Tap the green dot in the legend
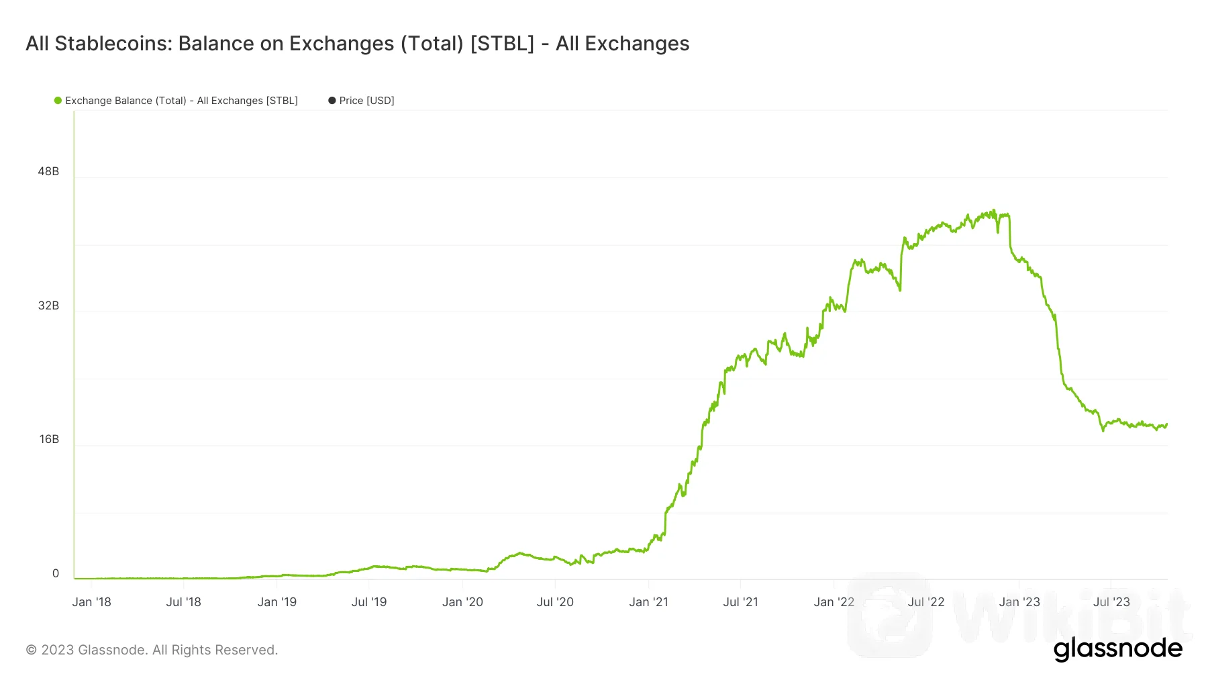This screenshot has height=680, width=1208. tap(58, 101)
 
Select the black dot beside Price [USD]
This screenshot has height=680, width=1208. tap(332, 101)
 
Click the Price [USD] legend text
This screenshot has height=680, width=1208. tap(366, 101)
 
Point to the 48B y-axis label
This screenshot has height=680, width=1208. tap(48, 171)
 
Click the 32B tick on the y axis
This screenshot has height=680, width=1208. tap(48, 305)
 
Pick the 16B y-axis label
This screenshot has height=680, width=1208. tap(49, 439)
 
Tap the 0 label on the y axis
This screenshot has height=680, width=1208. tap(56, 573)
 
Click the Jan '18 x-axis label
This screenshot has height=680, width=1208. tap(91, 602)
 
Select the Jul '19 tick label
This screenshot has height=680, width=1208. tap(369, 602)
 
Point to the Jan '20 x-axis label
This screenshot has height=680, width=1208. tap(462, 602)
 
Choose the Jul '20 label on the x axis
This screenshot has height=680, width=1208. tap(555, 602)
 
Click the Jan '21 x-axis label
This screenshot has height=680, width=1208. tap(648, 602)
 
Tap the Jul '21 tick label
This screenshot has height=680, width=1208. tap(740, 602)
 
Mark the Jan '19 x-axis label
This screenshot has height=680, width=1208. tap(276, 602)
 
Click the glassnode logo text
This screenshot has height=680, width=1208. tap(1117, 649)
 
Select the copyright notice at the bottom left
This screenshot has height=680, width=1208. tap(152, 650)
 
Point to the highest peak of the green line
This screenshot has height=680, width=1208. tap(994, 210)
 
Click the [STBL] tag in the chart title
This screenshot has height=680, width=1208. tap(502, 44)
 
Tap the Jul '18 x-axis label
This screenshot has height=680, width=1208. tap(183, 602)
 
